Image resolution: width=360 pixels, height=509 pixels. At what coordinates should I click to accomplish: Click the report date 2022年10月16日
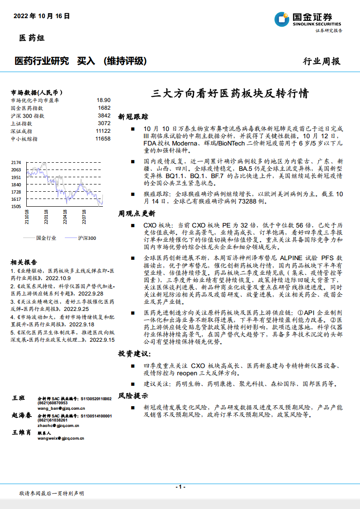click(42, 16)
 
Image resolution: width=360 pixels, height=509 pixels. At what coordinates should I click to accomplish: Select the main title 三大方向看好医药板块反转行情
click(230, 94)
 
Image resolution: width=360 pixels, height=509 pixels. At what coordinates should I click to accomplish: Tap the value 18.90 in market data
click(103, 100)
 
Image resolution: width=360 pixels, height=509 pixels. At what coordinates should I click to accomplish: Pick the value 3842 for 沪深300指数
click(104, 116)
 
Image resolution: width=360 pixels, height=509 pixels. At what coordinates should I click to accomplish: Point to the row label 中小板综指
click(24, 139)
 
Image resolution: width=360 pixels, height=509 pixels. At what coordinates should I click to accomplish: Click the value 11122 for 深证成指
click(103, 131)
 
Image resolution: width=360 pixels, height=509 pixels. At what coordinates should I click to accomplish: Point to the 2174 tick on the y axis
click(16, 162)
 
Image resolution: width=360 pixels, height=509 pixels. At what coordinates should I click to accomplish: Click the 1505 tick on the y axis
click(16, 207)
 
